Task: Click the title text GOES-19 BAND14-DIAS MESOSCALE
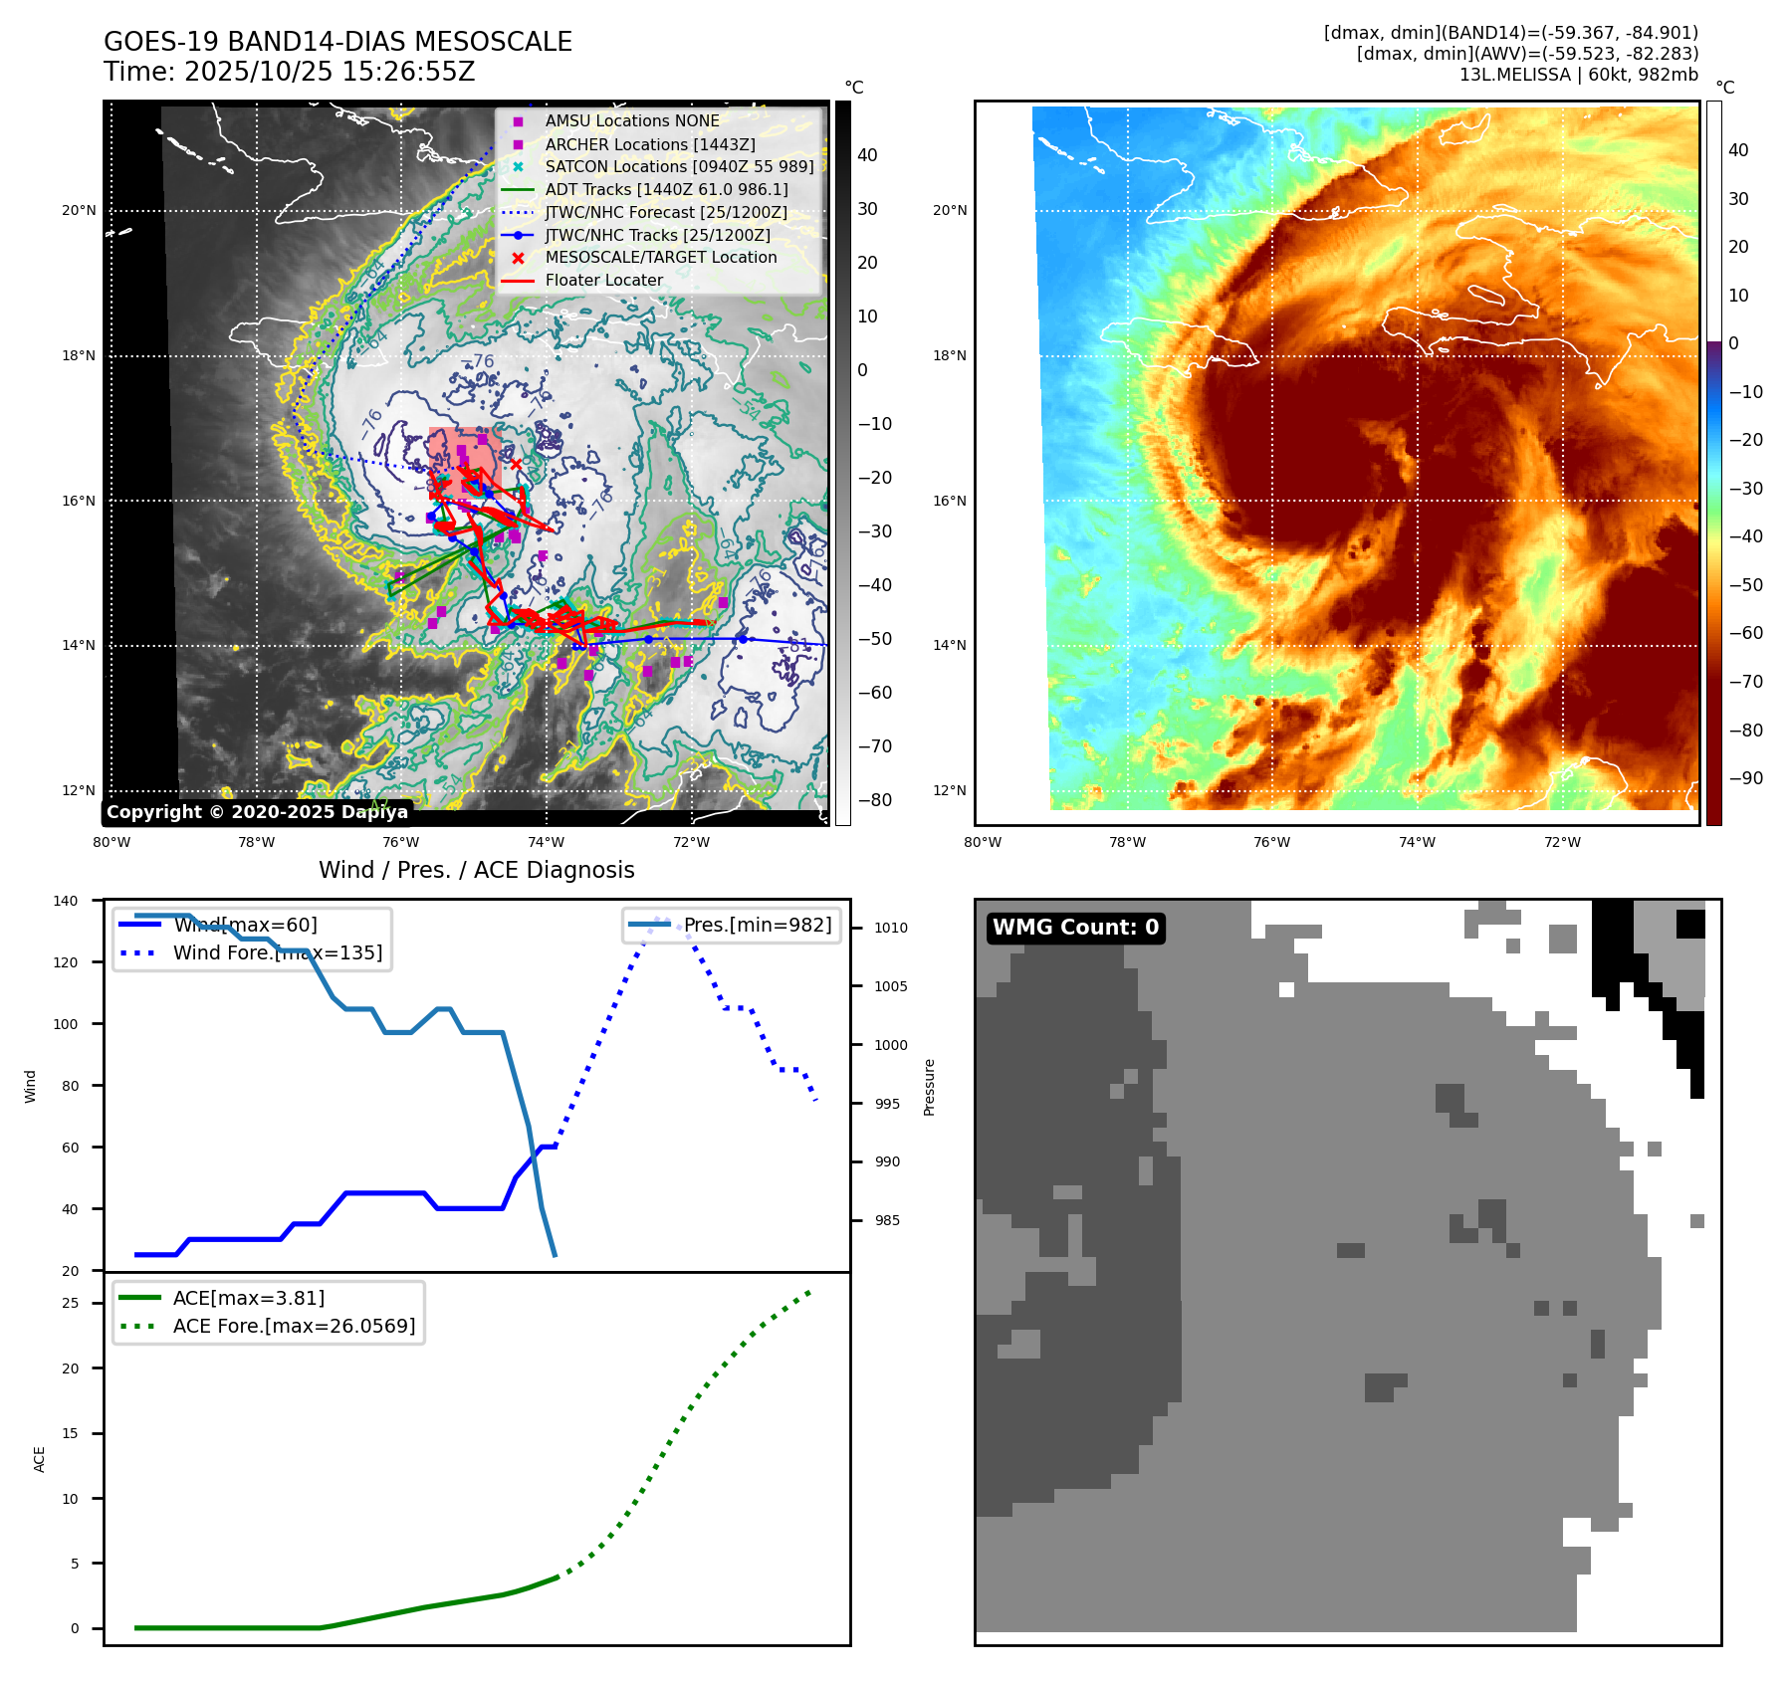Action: [x=337, y=42]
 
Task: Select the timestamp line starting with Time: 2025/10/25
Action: [x=289, y=72]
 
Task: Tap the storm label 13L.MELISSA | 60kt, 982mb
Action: [x=1578, y=75]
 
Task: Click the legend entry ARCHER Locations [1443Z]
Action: [x=649, y=144]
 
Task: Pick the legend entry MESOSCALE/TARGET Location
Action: [x=660, y=257]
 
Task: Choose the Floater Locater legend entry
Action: [x=603, y=280]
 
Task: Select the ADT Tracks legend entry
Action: [x=666, y=189]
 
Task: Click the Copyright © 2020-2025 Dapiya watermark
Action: [x=257, y=812]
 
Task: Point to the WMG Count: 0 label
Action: [x=1075, y=928]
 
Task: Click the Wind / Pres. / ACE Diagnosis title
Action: [x=476, y=870]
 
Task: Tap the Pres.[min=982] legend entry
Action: [x=757, y=925]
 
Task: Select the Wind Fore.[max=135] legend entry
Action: [x=277, y=952]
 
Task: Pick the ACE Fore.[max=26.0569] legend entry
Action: [x=294, y=1326]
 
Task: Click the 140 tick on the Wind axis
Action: [x=66, y=901]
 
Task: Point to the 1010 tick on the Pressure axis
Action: [x=891, y=928]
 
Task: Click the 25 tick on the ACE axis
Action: [x=70, y=1303]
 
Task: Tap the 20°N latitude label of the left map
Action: [x=79, y=211]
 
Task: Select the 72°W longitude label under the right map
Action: [x=1562, y=842]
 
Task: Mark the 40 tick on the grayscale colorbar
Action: [x=867, y=155]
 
